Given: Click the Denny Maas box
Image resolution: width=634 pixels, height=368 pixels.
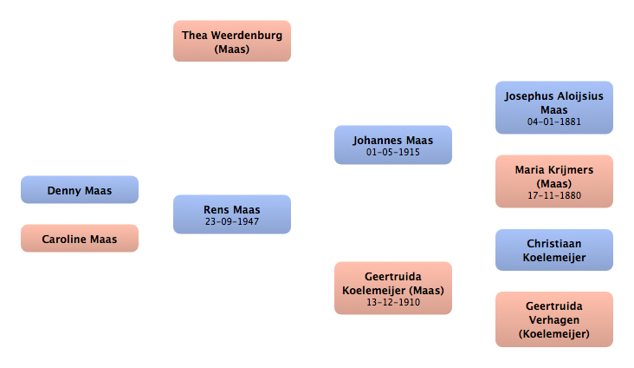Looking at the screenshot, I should coord(80,190).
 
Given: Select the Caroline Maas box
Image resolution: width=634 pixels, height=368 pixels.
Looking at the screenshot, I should coord(80,238).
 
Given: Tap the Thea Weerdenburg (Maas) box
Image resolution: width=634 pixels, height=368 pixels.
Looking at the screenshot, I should coord(232,42).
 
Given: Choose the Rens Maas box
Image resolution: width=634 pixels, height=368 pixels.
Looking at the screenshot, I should coord(232,214).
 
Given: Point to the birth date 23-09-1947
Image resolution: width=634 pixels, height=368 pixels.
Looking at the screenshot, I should coord(232,221).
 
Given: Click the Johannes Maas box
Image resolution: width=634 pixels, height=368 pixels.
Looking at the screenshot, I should coord(393,144).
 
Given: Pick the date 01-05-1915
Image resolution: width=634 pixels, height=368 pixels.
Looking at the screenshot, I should coord(393,152).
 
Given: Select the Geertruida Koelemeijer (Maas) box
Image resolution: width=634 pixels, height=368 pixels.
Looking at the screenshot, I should coord(393,288).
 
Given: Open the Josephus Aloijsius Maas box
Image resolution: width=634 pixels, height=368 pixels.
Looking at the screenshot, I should coord(554,108).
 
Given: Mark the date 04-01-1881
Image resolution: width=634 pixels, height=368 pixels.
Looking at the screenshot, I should coord(554,122).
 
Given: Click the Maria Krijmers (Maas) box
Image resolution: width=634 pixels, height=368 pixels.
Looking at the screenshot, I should coord(554,181).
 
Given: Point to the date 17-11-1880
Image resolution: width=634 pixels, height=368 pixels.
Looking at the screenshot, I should coord(554,196).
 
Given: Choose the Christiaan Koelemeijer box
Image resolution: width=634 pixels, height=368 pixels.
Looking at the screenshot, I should coord(554,250).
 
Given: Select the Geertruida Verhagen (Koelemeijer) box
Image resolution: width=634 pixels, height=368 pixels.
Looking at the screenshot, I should coord(554,319).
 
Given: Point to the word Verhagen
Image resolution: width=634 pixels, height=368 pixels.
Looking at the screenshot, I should coord(554,319).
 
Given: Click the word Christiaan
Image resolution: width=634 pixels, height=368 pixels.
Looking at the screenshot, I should coord(554,244).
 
